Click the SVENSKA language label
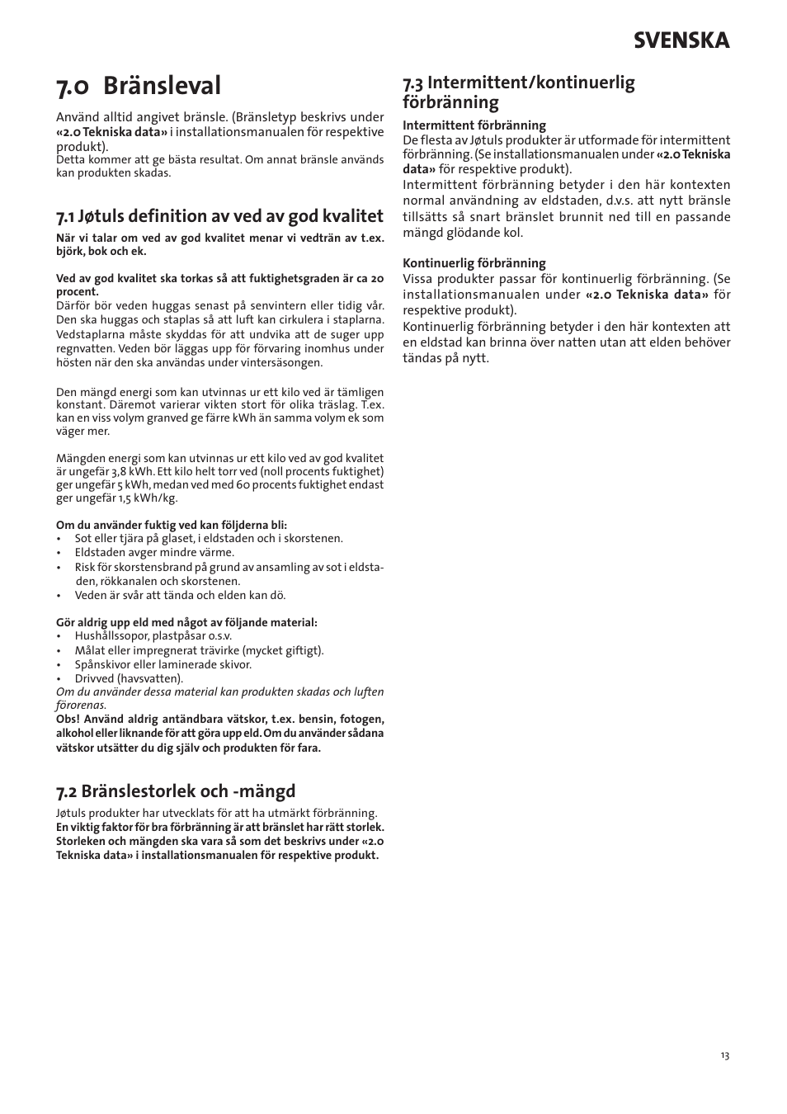coord(681,40)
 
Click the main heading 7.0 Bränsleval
coord(139,85)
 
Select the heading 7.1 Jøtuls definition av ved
coord(219,216)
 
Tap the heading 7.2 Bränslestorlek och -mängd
coord(176,791)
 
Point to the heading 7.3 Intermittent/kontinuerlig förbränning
coord(518,92)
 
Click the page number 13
coord(724,1056)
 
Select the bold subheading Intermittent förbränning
coord(474,125)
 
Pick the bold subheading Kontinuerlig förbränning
coord(474,263)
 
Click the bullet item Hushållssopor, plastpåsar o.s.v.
coord(153,636)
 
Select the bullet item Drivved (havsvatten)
coord(129,678)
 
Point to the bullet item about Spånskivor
coord(163,664)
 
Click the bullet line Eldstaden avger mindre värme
coord(154,552)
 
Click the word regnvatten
coord(84,348)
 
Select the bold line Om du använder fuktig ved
coord(172,525)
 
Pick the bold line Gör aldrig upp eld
coord(186,622)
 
